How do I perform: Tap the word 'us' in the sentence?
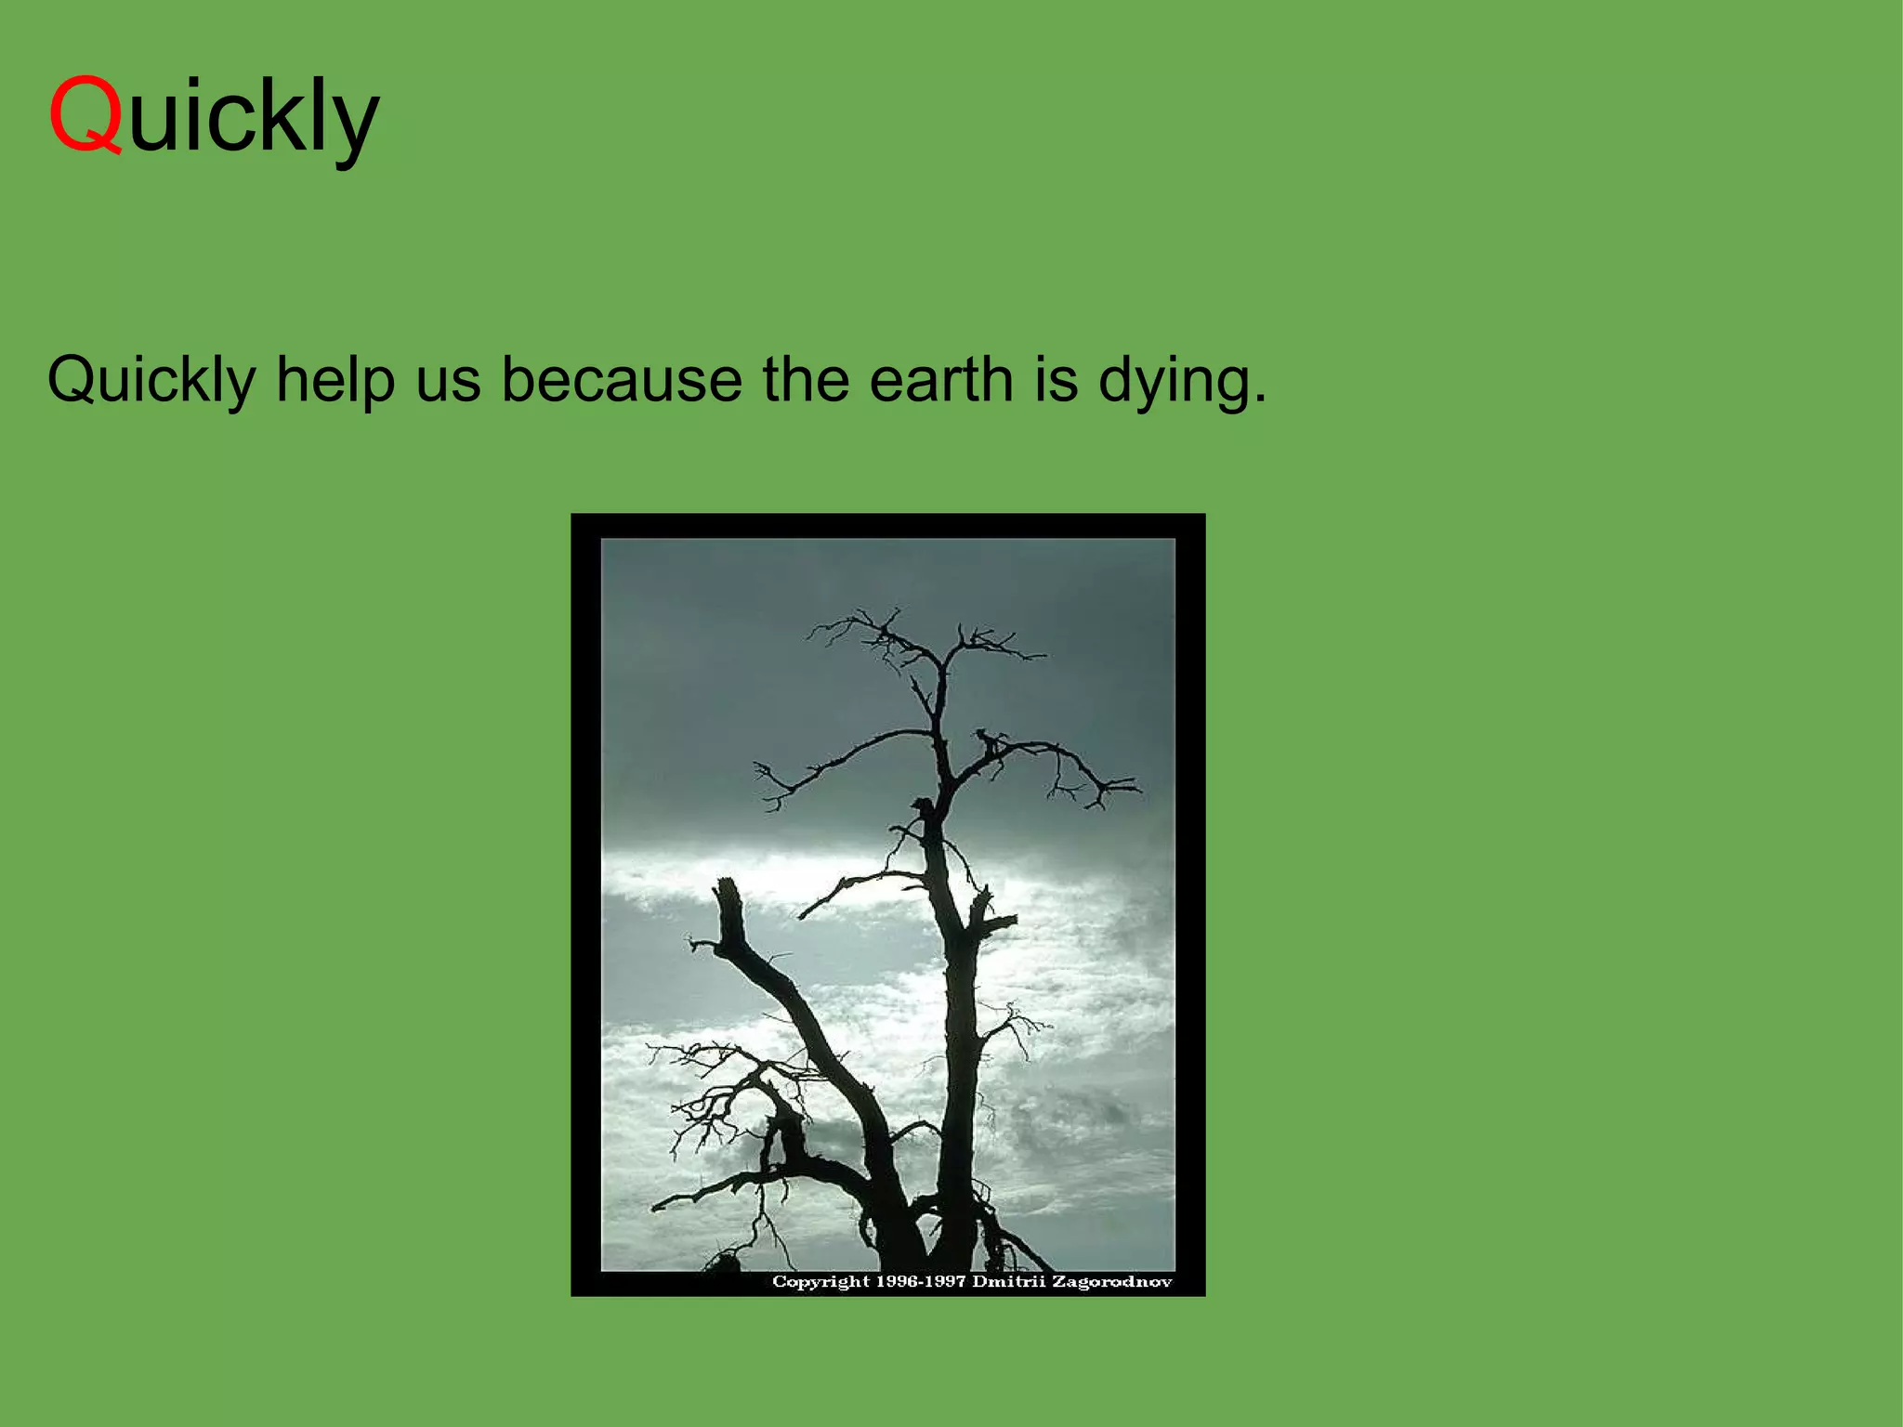(x=448, y=381)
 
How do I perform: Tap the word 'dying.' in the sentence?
(x=1182, y=381)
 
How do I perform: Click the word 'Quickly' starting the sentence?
(x=151, y=381)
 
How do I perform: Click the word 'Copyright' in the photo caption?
(x=820, y=1282)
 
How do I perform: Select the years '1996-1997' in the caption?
(x=921, y=1282)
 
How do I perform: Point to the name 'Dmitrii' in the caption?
(x=1009, y=1282)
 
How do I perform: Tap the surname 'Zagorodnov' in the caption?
(x=1111, y=1282)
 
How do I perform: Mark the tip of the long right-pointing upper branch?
(x=1139, y=789)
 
